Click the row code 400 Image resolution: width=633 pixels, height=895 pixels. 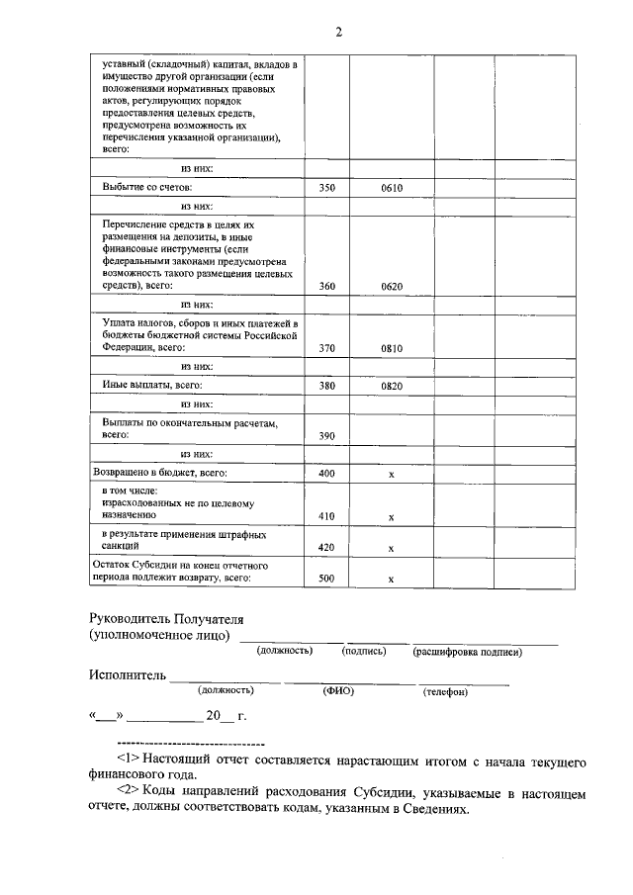[327, 474]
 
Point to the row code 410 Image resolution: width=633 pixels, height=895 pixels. [327, 516]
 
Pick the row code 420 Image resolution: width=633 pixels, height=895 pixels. [327, 547]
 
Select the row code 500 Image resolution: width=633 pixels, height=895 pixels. [327, 579]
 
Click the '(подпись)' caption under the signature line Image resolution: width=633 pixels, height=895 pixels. [364, 651]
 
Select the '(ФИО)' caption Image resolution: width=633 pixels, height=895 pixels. [338, 691]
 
